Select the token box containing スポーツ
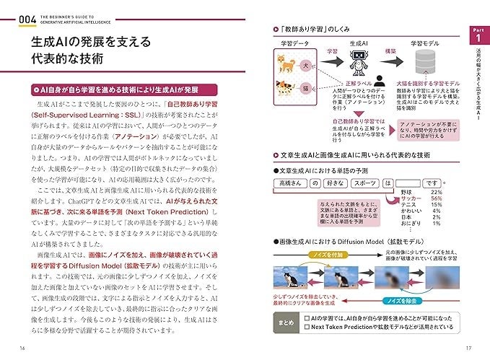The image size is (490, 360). [x=367, y=183]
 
